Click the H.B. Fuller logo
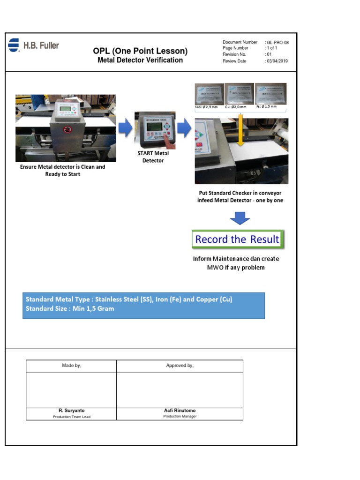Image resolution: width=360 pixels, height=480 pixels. click(33, 45)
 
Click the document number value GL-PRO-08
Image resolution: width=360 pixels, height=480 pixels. click(278, 43)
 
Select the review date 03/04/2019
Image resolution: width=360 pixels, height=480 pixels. click(277, 61)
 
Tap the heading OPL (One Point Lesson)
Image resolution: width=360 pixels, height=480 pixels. click(140, 51)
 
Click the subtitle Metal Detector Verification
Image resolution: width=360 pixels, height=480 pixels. click(140, 60)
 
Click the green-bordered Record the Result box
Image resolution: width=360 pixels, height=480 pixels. click(238, 240)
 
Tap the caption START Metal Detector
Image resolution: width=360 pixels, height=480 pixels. click(153, 157)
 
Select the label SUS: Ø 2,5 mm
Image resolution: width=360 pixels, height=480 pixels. click(206, 107)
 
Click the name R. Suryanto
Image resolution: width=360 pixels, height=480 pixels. click(71, 411)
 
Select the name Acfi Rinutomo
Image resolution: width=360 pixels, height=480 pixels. click(180, 411)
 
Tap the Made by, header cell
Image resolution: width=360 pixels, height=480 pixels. click(71, 366)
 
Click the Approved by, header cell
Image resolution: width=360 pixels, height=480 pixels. click(180, 366)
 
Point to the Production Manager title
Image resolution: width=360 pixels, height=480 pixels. click(180, 416)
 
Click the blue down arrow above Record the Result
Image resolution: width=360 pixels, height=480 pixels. click(240, 218)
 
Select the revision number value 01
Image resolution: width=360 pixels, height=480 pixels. click(270, 55)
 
